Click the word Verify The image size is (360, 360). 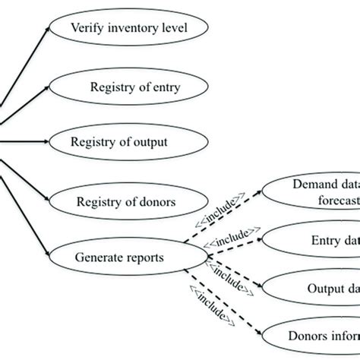[86, 30]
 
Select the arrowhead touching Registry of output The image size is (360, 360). [52, 141]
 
